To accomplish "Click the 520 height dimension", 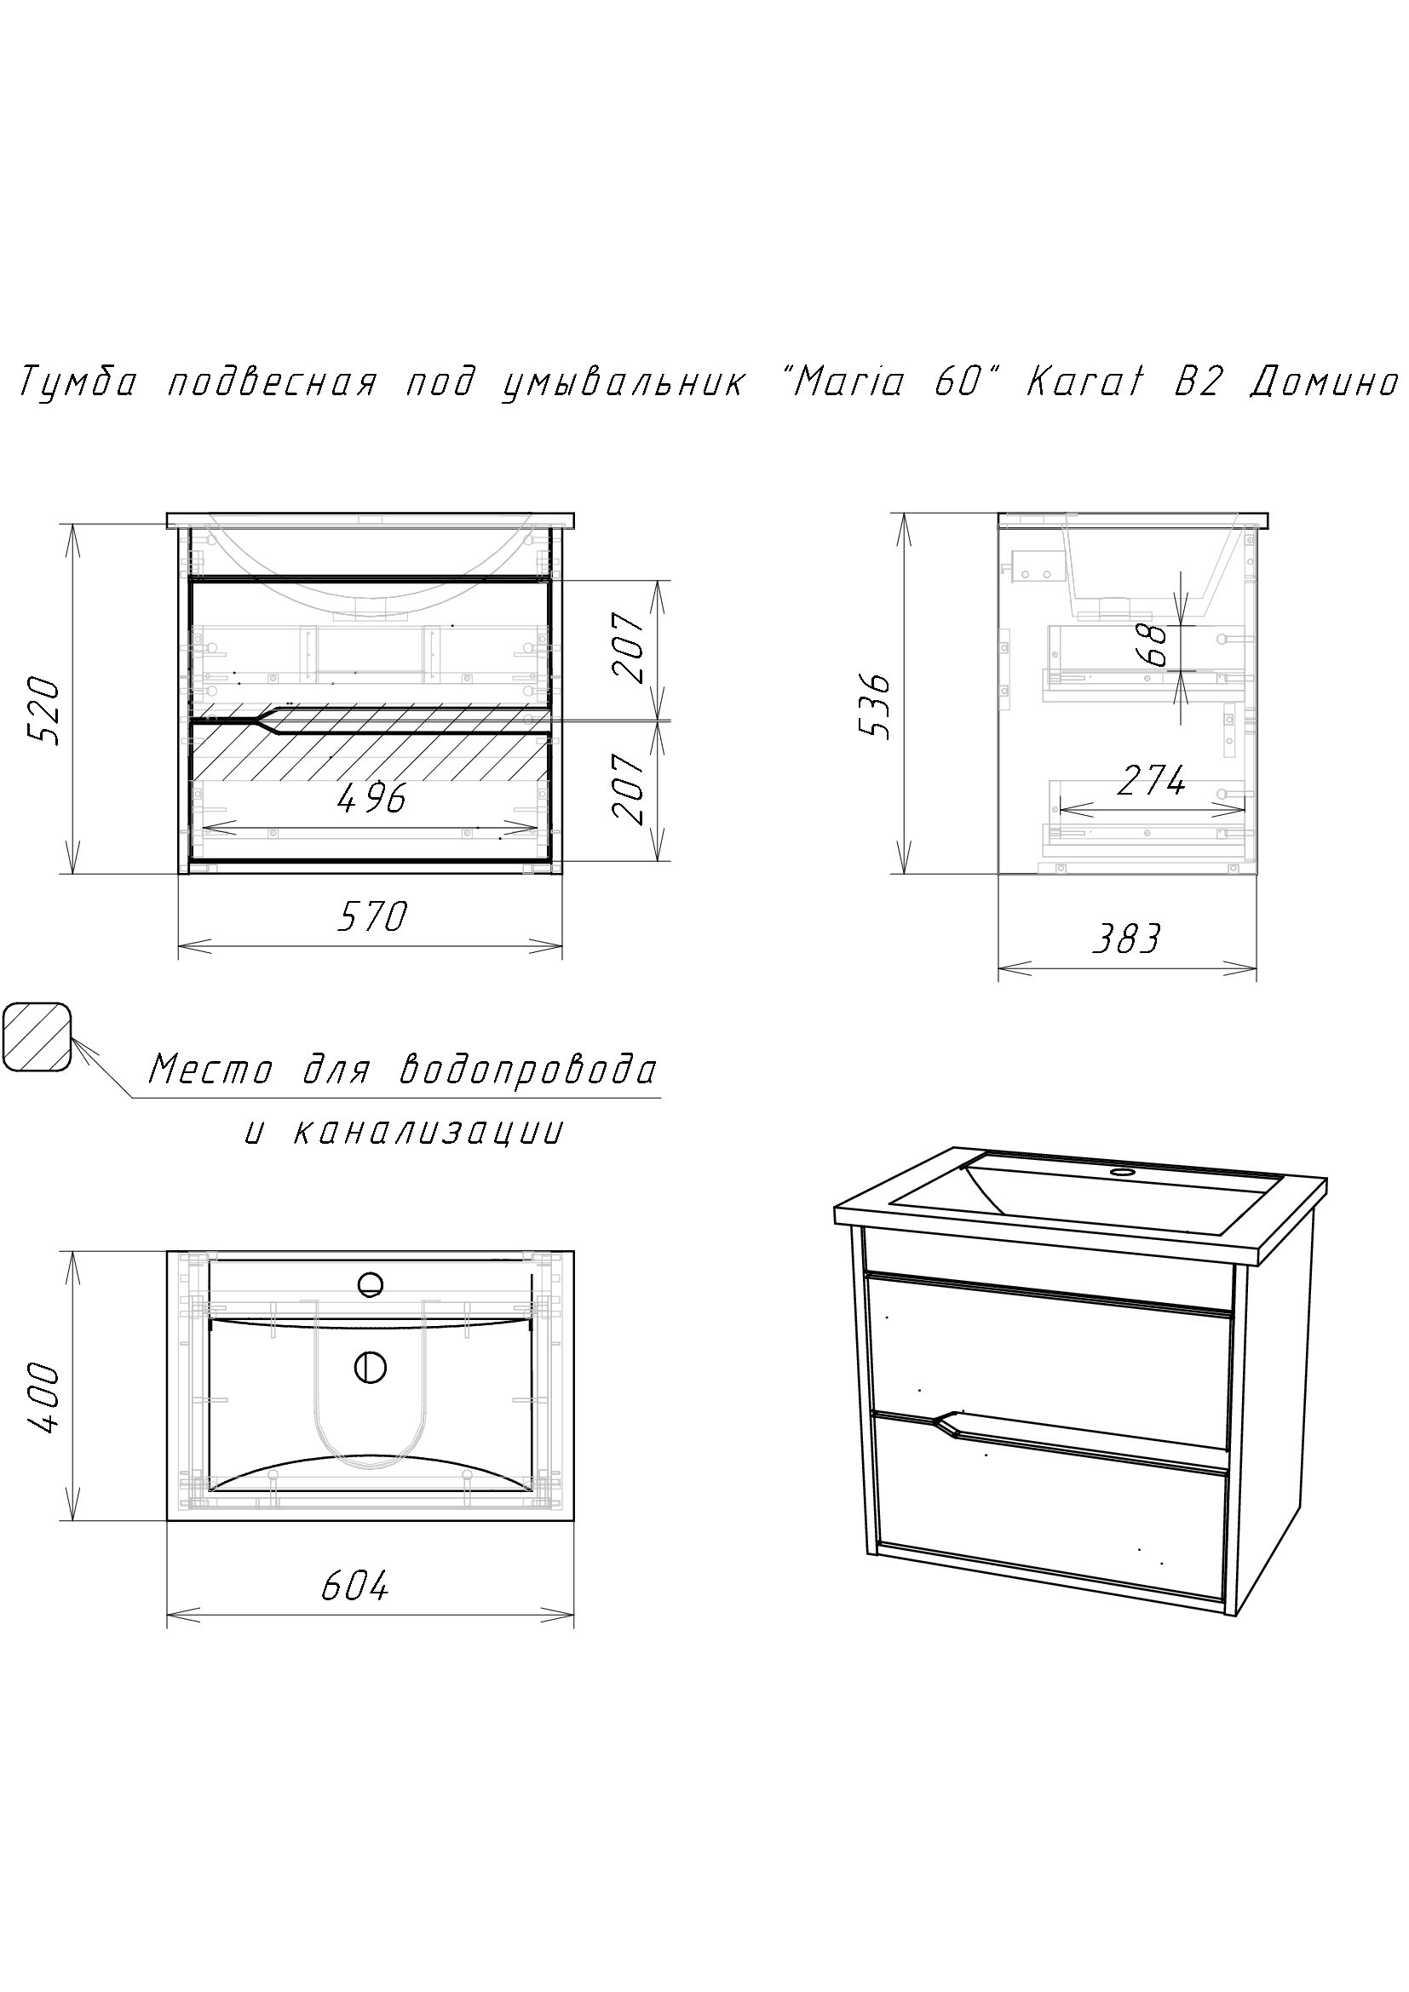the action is tap(44, 711).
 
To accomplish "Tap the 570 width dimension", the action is tap(372, 916).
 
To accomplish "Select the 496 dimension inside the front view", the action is tap(372, 798).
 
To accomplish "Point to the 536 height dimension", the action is tap(874, 705).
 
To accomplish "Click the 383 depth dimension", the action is tap(1126, 939).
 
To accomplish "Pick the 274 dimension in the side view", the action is tap(1150, 782).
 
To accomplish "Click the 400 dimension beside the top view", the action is tap(44, 1399).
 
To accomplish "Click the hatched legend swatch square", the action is tap(37, 1037).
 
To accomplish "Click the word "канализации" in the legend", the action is tap(428, 1131).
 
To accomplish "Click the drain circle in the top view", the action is tap(370, 1369).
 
